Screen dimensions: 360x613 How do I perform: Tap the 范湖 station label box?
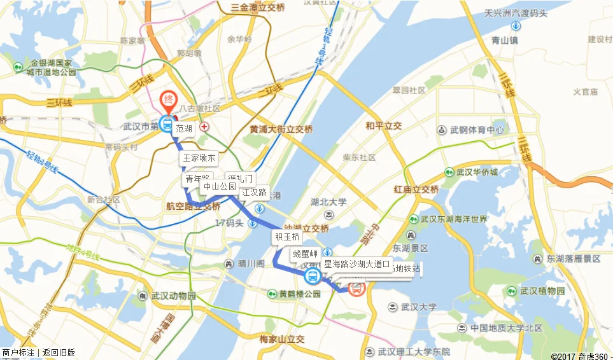[184, 128]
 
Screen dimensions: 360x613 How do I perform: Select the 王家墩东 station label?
[199, 158]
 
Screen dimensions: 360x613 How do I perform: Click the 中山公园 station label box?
[219, 187]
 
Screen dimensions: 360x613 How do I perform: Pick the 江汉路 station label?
[254, 192]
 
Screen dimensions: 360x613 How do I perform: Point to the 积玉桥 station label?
[287, 237]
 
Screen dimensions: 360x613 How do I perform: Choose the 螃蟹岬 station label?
[305, 253]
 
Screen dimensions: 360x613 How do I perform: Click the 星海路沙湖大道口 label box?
[356, 264]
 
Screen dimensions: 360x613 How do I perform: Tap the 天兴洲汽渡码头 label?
[516, 12]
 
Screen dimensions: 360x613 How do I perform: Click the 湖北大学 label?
[328, 202]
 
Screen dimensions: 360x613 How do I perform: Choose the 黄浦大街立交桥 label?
[281, 129]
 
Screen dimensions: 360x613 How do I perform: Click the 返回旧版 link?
[59, 352]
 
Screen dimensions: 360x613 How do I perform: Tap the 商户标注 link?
[18, 352]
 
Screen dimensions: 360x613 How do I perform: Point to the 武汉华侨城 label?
[475, 172]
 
